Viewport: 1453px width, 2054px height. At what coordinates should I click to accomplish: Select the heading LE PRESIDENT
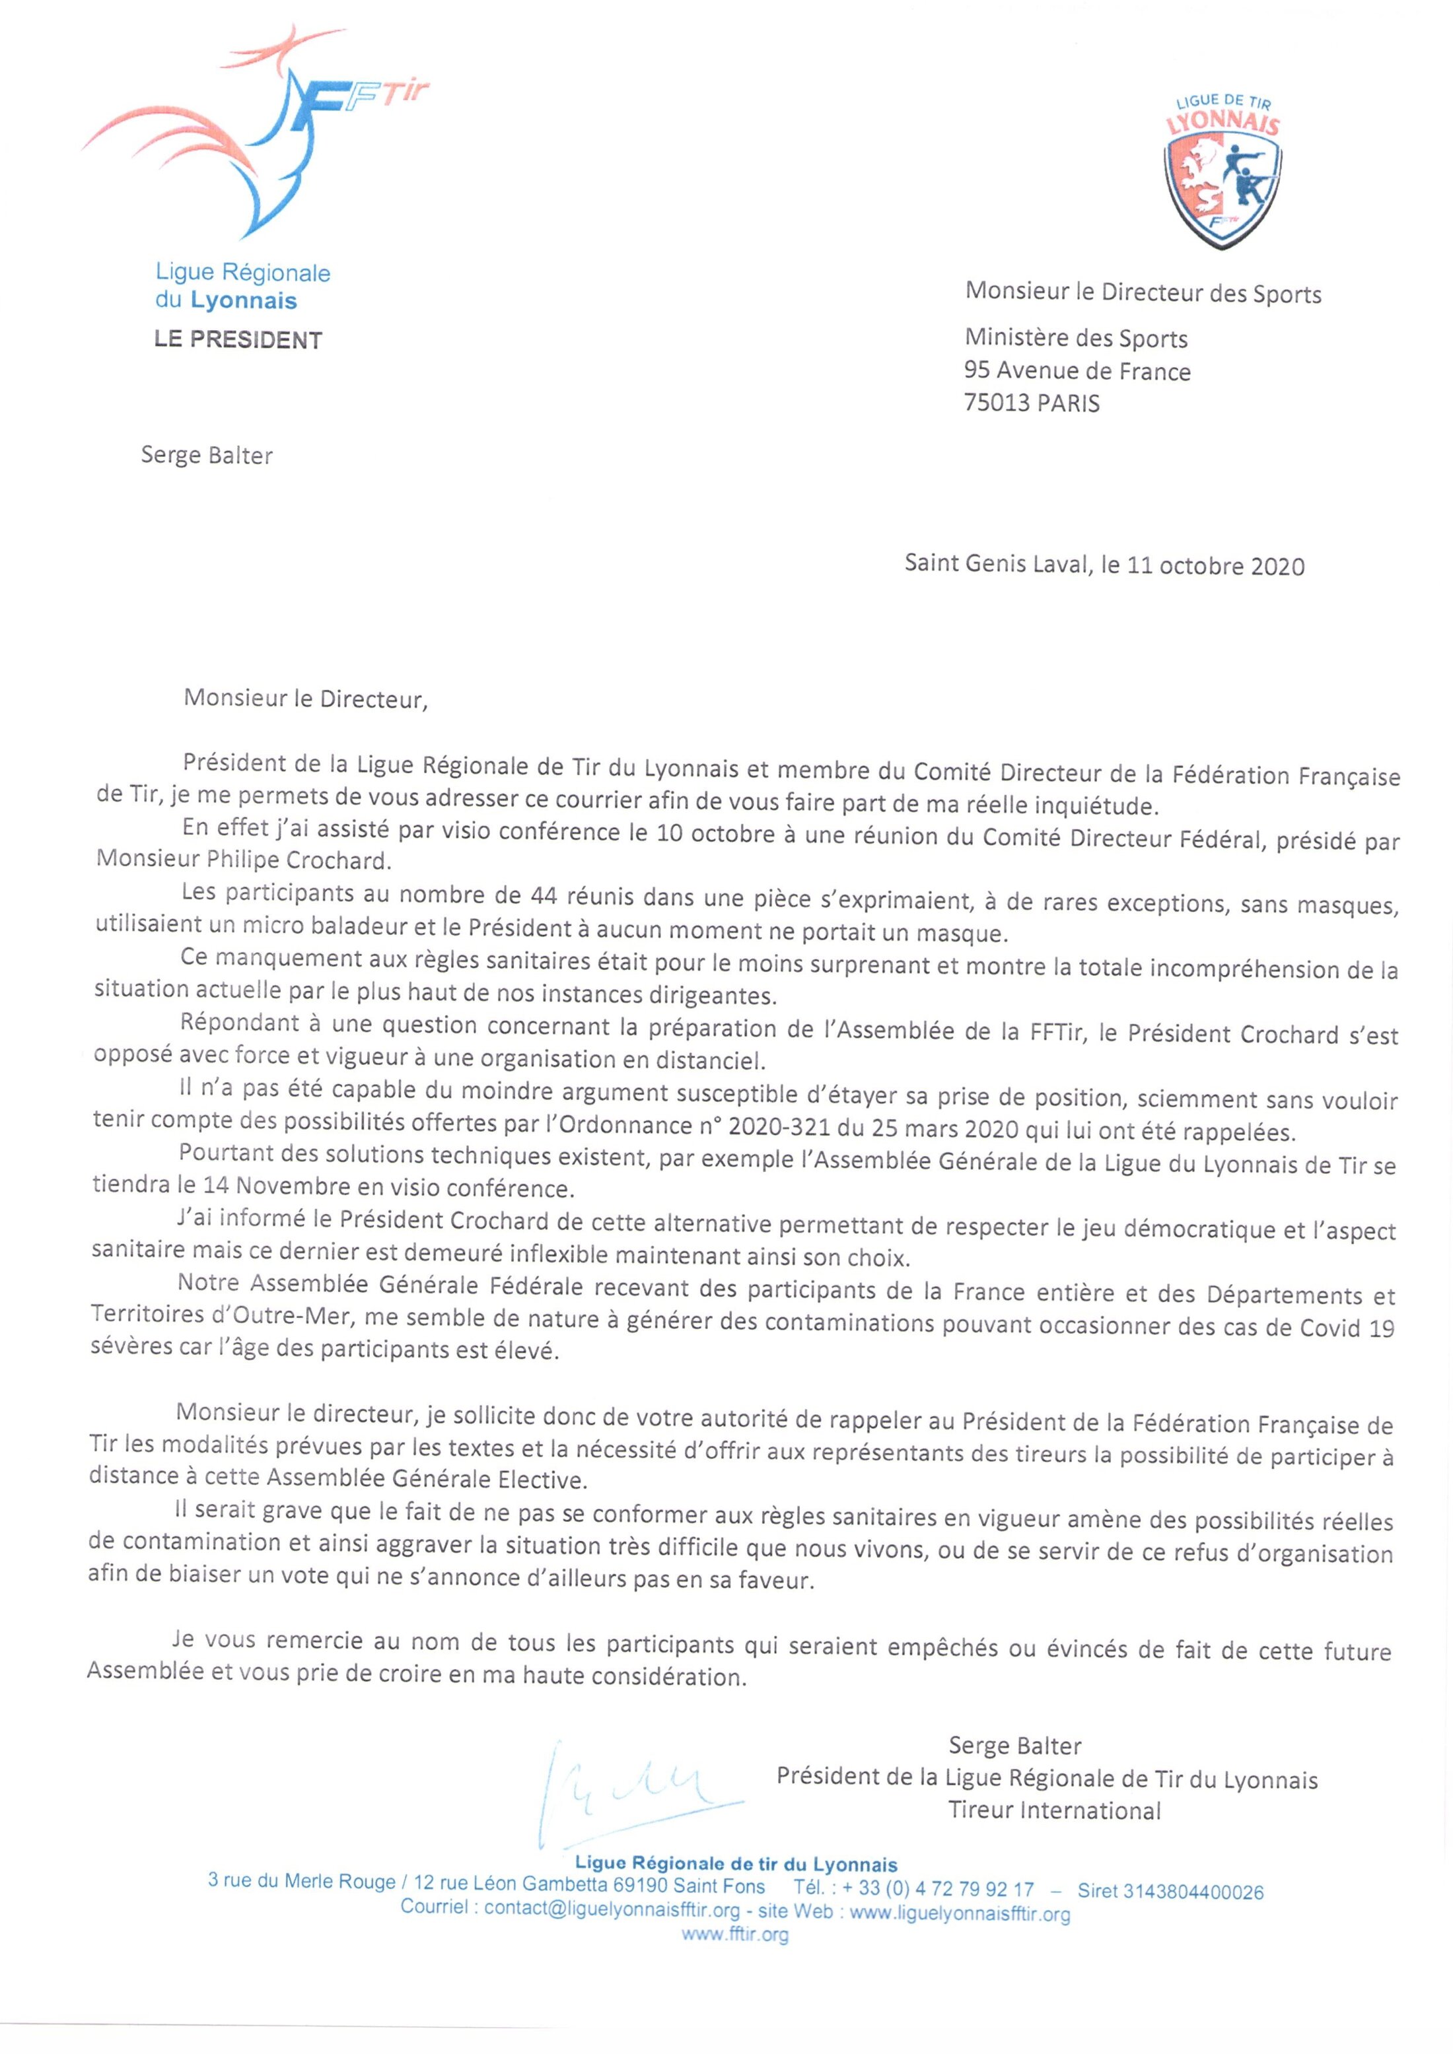tap(238, 340)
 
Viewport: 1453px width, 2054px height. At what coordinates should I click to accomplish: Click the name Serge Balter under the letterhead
tap(207, 456)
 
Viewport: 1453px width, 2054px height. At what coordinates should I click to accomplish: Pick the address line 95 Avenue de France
tap(1077, 371)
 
